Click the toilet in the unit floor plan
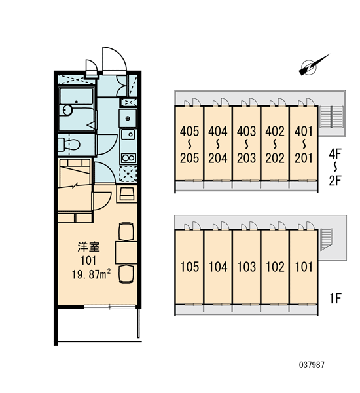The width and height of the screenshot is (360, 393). click(69, 145)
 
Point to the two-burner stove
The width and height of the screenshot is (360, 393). click(128, 158)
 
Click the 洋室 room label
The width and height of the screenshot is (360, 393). click(88, 247)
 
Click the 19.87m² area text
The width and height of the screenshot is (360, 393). click(92, 274)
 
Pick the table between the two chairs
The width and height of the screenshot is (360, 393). click(126, 252)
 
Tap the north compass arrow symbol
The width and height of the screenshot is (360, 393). click(314, 65)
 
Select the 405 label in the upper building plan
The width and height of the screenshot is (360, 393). click(189, 132)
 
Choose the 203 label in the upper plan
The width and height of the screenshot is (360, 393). click(247, 158)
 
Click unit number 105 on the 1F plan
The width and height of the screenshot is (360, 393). click(190, 267)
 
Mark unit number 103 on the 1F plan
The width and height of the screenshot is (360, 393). click(247, 267)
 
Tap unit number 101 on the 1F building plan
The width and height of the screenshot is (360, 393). click(304, 267)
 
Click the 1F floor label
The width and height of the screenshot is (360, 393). click(335, 298)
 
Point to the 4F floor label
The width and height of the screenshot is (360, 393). click(335, 154)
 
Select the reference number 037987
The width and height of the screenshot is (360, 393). click(312, 365)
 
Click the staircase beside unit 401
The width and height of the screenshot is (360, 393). click(331, 118)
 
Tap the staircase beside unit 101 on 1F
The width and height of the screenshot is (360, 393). click(327, 240)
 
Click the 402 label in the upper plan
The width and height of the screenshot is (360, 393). click(275, 132)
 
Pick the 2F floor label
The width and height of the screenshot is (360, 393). click(335, 181)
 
